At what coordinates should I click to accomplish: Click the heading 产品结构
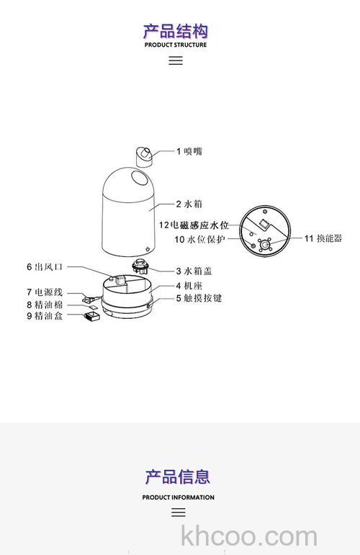pos(176,30)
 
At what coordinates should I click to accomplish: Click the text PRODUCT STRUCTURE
pos(176,45)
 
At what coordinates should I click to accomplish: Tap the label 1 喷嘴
pos(189,151)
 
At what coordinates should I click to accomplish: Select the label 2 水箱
pos(189,204)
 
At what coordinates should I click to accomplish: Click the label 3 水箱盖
pos(194,271)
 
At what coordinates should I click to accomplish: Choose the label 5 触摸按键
pos(199,297)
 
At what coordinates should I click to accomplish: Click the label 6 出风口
pos(45,266)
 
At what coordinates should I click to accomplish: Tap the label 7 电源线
pos(45,292)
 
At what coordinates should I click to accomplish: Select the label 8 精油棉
pos(45,304)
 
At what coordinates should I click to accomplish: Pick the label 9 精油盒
pos(45,315)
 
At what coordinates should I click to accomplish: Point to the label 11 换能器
pos(323,238)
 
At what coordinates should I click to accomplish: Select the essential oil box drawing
pos(91,315)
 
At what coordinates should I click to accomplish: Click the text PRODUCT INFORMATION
pos(178,497)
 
